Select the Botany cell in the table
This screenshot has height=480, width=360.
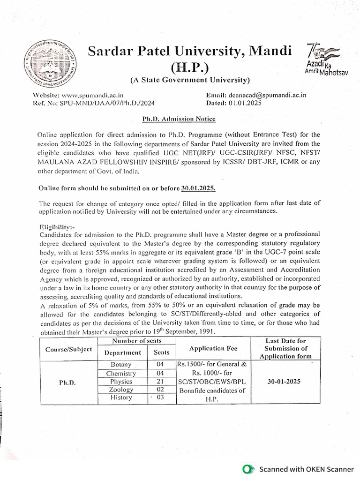[x=123, y=365]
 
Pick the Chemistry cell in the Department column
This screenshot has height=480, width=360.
[x=121, y=373]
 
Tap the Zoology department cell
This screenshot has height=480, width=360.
[x=121, y=390]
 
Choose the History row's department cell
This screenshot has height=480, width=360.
[x=121, y=397]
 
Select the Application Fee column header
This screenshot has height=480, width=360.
[x=213, y=348]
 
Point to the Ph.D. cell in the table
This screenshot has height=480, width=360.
[x=67, y=382]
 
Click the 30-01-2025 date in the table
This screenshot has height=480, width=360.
[x=285, y=382]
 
